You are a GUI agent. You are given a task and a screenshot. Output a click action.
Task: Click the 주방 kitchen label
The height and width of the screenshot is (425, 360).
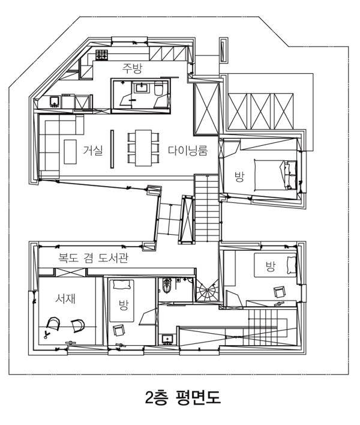tap(132, 68)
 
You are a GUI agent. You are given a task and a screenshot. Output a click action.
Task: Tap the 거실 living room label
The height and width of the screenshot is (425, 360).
tap(93, 150)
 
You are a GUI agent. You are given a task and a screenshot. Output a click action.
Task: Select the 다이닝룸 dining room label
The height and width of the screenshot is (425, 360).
tap(188, 151)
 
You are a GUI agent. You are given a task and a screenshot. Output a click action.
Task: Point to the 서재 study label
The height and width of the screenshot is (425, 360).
tap(65, 298)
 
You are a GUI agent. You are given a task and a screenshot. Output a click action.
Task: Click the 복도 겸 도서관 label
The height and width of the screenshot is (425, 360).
tap(94, 258)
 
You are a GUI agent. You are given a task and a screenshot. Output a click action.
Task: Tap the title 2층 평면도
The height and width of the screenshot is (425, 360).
tap(183, 397)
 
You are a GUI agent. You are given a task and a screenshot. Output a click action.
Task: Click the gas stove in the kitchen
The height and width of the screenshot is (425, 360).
tap(102, 55)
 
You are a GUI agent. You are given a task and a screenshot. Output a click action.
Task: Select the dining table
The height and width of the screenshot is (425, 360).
tap(143, 148)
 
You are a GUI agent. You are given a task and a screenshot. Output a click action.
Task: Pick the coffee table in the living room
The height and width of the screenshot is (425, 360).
tap(70, 151)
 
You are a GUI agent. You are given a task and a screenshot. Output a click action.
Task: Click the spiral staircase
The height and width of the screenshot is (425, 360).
tap(208, 291)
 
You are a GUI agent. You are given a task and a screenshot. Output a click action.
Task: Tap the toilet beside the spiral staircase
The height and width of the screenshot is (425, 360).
tap(167, 285)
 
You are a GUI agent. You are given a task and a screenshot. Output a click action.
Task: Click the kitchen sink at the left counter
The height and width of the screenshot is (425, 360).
tap(55, 101)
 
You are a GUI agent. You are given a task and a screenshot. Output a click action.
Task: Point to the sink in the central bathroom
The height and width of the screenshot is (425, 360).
tap(142, 88)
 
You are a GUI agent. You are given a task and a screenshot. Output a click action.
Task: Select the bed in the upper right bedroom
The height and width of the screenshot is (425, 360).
tap(275, 175)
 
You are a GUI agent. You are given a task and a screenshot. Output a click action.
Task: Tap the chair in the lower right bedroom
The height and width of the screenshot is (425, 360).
tap(279, 292)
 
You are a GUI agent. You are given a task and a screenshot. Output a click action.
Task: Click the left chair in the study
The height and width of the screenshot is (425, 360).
tap(53, 324)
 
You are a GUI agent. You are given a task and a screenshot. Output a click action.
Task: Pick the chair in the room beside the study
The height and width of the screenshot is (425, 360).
tap(118, 330)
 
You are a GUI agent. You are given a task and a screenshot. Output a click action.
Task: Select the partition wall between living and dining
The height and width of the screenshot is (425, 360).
tap(112, 149)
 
